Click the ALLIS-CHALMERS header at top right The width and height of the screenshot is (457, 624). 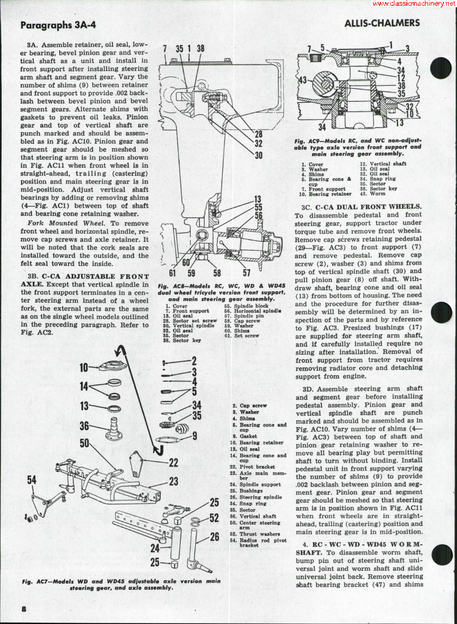[x=382, y=23]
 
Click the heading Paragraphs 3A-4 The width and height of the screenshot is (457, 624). [x=58, y=24]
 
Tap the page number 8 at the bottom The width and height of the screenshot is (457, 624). [x=24, y=608]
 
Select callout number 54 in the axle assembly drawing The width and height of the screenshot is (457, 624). [x=32, y=481]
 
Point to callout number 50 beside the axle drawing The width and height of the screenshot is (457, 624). [x=85, y=444]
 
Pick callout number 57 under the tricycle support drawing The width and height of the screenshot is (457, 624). [x=247, y=273]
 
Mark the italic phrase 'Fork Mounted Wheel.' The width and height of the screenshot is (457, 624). [x=60, y=223]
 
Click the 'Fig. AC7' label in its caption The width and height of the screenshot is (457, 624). [x=34, y=581]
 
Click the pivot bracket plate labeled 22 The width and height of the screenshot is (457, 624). [x=136, y=463]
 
